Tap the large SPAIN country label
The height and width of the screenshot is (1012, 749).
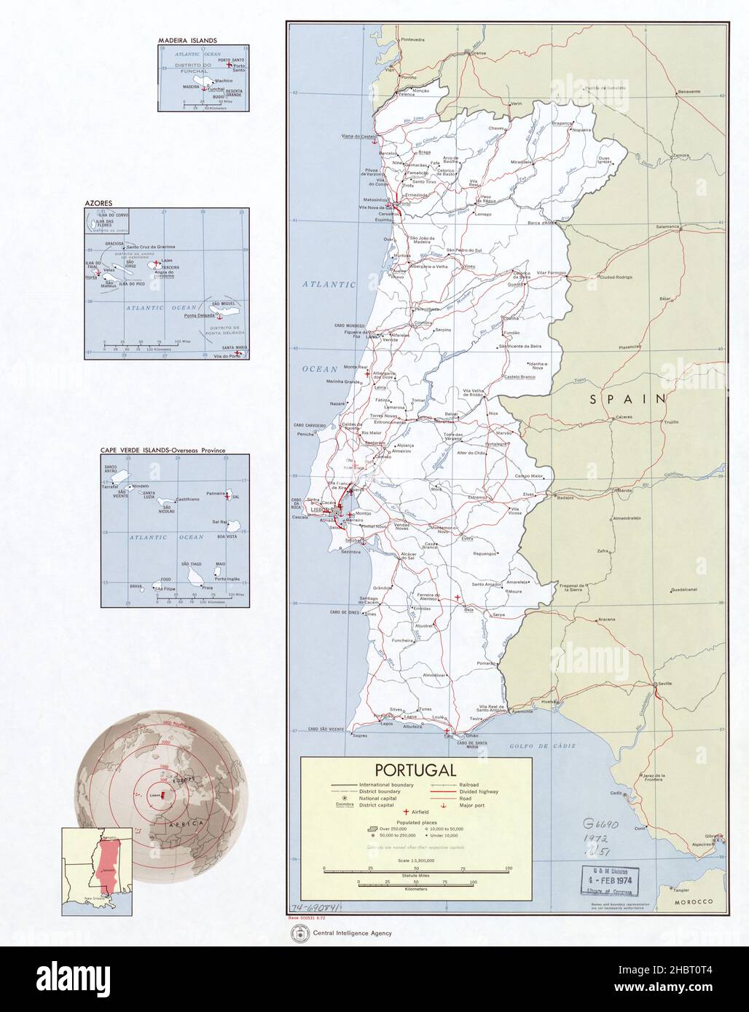coord(628,398)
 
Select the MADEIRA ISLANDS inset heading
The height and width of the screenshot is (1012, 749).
coord(183,41)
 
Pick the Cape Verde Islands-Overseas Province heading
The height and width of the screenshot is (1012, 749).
coord(162,451)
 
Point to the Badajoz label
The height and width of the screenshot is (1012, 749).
coord(565,497)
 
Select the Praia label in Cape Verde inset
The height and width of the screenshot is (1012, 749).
coord(207,587)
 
